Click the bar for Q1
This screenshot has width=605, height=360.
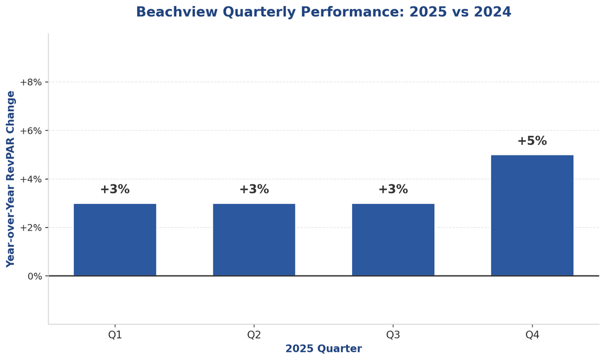pos(115,239)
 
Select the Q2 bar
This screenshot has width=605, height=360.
pos(254,239)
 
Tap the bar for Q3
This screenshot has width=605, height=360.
pos(393,239)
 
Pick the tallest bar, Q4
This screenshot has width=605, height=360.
pos(532,215)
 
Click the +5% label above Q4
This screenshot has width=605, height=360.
pos(532,141)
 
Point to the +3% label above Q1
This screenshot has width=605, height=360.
pos(115,190)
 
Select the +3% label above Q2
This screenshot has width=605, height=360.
pos(254,190)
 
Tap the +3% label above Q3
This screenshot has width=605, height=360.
pos(393,190)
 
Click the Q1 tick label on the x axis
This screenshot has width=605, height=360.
pos(115,335)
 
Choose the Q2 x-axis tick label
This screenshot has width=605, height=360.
pos(254,335)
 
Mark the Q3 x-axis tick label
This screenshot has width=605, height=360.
pos(393,335)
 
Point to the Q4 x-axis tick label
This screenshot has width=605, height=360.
pos(532,335)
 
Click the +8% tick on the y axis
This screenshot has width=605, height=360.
pos(31,82)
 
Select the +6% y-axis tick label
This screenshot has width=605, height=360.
pos(31,131)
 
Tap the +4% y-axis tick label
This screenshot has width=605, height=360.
pos(31,179)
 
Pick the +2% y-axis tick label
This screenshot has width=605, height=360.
pos(31,228)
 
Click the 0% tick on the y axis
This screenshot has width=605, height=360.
pos(35,276)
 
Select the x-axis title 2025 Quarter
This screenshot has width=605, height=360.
pos(323,349)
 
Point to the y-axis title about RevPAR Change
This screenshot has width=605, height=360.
pos(11,179)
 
